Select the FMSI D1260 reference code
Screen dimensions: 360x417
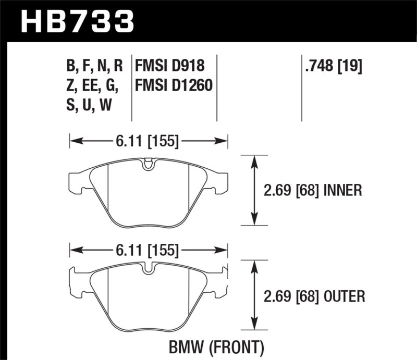pyautogui.click(x=174, y=85)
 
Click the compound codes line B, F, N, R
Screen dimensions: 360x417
pyautogui.click(x=94, y=66)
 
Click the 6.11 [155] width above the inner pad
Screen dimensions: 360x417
pyautogui.click(x=149, y=141)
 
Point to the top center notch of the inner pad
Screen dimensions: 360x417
pyautogui.click(x=149, y=165)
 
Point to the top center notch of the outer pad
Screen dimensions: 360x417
pyautogui.click(x=149, y=270)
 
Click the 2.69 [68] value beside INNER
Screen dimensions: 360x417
pyautogui.click(x=291, y=190)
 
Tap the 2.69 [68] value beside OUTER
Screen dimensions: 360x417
pyautogui.click(x=291, y=296)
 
